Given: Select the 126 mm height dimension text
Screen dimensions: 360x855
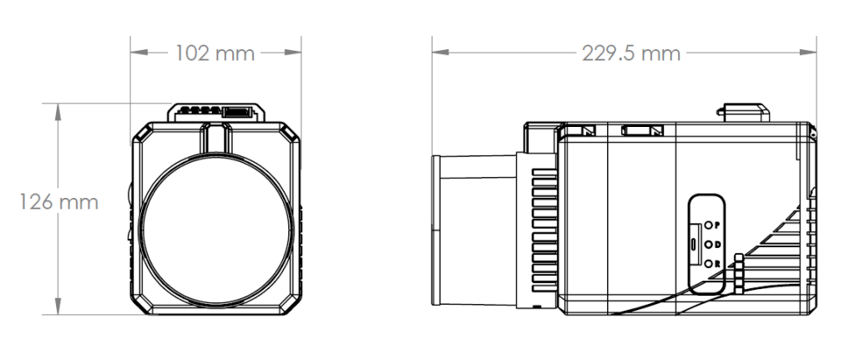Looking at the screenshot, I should pyautogui.click(x=59, y=203).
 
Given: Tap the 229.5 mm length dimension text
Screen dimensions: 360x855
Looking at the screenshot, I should pyautogui.click(x=630, y=53).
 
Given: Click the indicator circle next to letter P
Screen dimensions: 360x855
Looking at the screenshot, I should pyautogui.click(x=708, y=226).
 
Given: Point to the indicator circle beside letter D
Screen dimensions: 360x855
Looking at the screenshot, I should pyautogui.click(x=708, y=245).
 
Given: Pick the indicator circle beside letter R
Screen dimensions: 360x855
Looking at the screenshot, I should pyautogui.click(x=708, y=264).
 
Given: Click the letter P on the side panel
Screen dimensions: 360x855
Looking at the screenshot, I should pyautogui.click(x=717, y=226).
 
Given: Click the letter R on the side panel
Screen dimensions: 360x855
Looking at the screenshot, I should pyautogui.click(x=717, y=264).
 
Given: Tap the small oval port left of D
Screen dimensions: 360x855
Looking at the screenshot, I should pyautogui.click(x=695, y=245).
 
